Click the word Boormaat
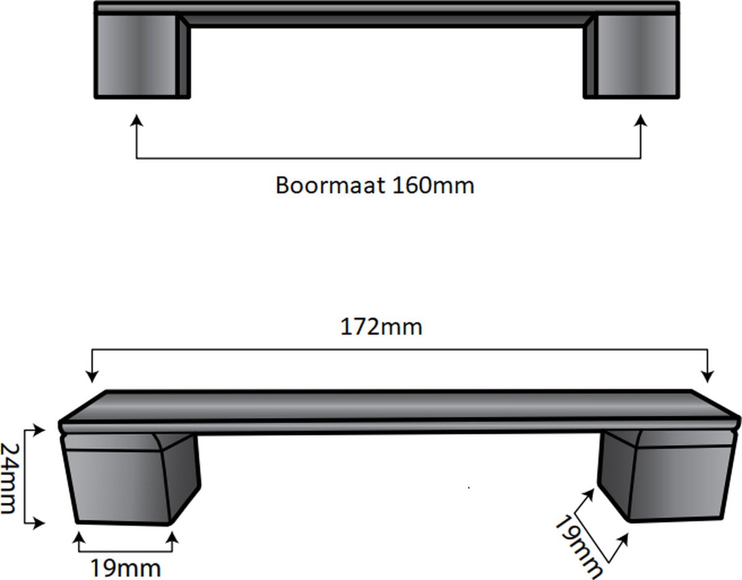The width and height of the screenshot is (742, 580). [x=330, y=186]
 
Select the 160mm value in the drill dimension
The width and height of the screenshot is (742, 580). [x=433, y=186]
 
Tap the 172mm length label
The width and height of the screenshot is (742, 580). [x=382, y=326]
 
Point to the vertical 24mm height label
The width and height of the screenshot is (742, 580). [x=9, y=478]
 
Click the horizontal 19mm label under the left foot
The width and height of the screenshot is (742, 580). [x=126, y=568]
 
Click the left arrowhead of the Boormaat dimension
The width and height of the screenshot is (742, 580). [x=137, y=121]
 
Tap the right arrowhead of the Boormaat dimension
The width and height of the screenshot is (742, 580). [x=641, y=121]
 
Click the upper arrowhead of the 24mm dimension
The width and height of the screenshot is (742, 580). [x=40, y=430]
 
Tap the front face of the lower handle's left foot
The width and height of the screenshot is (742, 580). [x=116, y=486]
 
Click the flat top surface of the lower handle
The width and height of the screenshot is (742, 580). [x=399, y=407]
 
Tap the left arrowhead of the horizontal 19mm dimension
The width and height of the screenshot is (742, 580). [x=79, y=538]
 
